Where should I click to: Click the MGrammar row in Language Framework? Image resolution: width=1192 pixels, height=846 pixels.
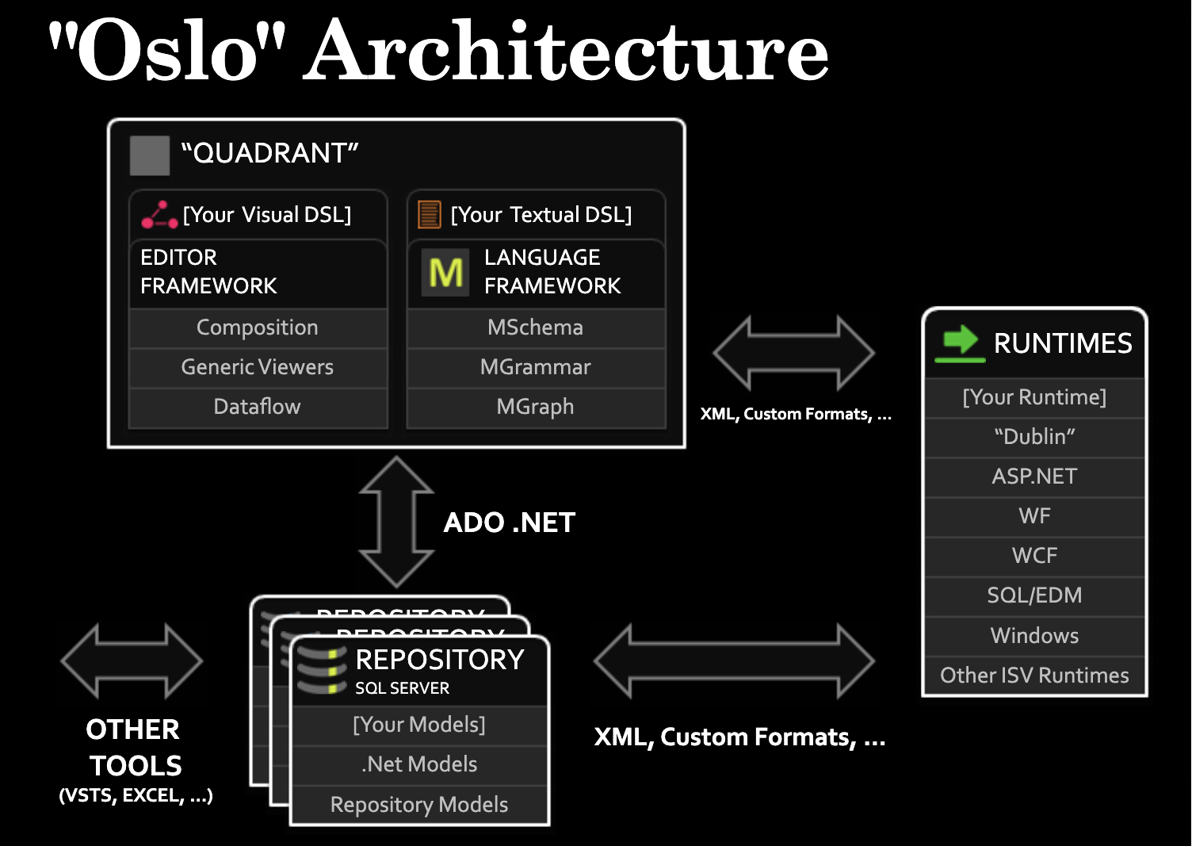(536, 367)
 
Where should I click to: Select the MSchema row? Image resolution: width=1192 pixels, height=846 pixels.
(536, 327)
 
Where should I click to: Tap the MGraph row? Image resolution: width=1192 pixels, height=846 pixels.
(536, 407)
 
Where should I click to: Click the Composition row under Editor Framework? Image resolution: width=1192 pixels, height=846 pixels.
(258, 327)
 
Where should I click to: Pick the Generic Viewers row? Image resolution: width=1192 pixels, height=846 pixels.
(258, 367)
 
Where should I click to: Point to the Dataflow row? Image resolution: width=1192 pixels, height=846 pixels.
(258, 407)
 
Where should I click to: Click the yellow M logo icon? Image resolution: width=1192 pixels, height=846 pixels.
(446, 273)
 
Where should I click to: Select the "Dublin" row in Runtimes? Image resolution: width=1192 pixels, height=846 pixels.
(1034, 437)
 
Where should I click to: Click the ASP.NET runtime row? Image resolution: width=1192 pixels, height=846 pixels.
(1034, 477)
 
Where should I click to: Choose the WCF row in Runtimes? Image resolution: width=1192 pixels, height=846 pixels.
(1034, 556)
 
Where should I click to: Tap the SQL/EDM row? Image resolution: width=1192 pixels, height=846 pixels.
(1034, 595)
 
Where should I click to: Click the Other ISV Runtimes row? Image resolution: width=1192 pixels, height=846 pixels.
(1034, 676)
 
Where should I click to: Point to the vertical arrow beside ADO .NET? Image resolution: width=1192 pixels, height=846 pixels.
(396, 522)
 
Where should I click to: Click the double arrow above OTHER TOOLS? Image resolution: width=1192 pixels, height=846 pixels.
(132, 661)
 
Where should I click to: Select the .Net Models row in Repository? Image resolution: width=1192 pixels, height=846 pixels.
(419, 764)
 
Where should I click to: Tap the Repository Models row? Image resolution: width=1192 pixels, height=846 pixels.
(419, 805)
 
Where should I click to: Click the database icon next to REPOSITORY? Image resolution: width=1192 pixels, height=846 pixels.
(322, 671)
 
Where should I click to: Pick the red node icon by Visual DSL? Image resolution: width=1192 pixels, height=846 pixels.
(159, 215)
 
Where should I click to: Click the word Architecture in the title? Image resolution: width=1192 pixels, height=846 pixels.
(566, 51)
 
